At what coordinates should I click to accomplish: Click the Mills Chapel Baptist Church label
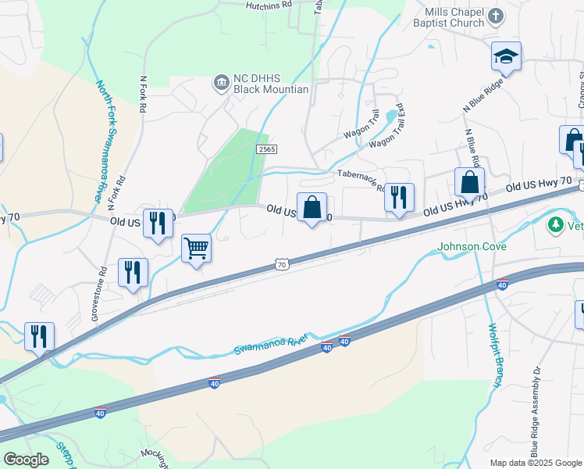point(455,17)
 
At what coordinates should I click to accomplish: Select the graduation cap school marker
point(506,57)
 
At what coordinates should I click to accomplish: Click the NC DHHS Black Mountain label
point(271,84)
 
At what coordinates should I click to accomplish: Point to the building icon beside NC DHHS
point(221,81)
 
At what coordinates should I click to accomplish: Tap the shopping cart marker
point(196,249)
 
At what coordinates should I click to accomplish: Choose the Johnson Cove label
point(472,247)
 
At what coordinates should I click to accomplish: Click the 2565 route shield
point(266,149)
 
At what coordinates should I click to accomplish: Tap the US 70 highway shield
point(283,266)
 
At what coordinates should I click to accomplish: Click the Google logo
point(26,460)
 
